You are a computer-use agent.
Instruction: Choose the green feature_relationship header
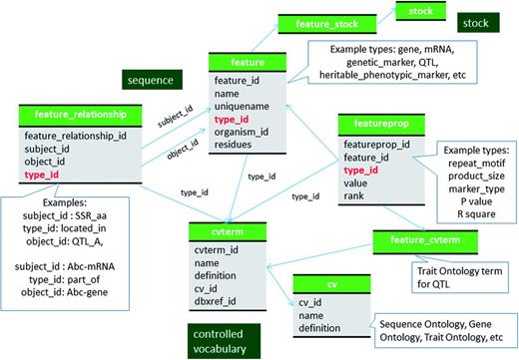click(x=75, y=117)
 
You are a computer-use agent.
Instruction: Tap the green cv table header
click(x=320, y=283)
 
